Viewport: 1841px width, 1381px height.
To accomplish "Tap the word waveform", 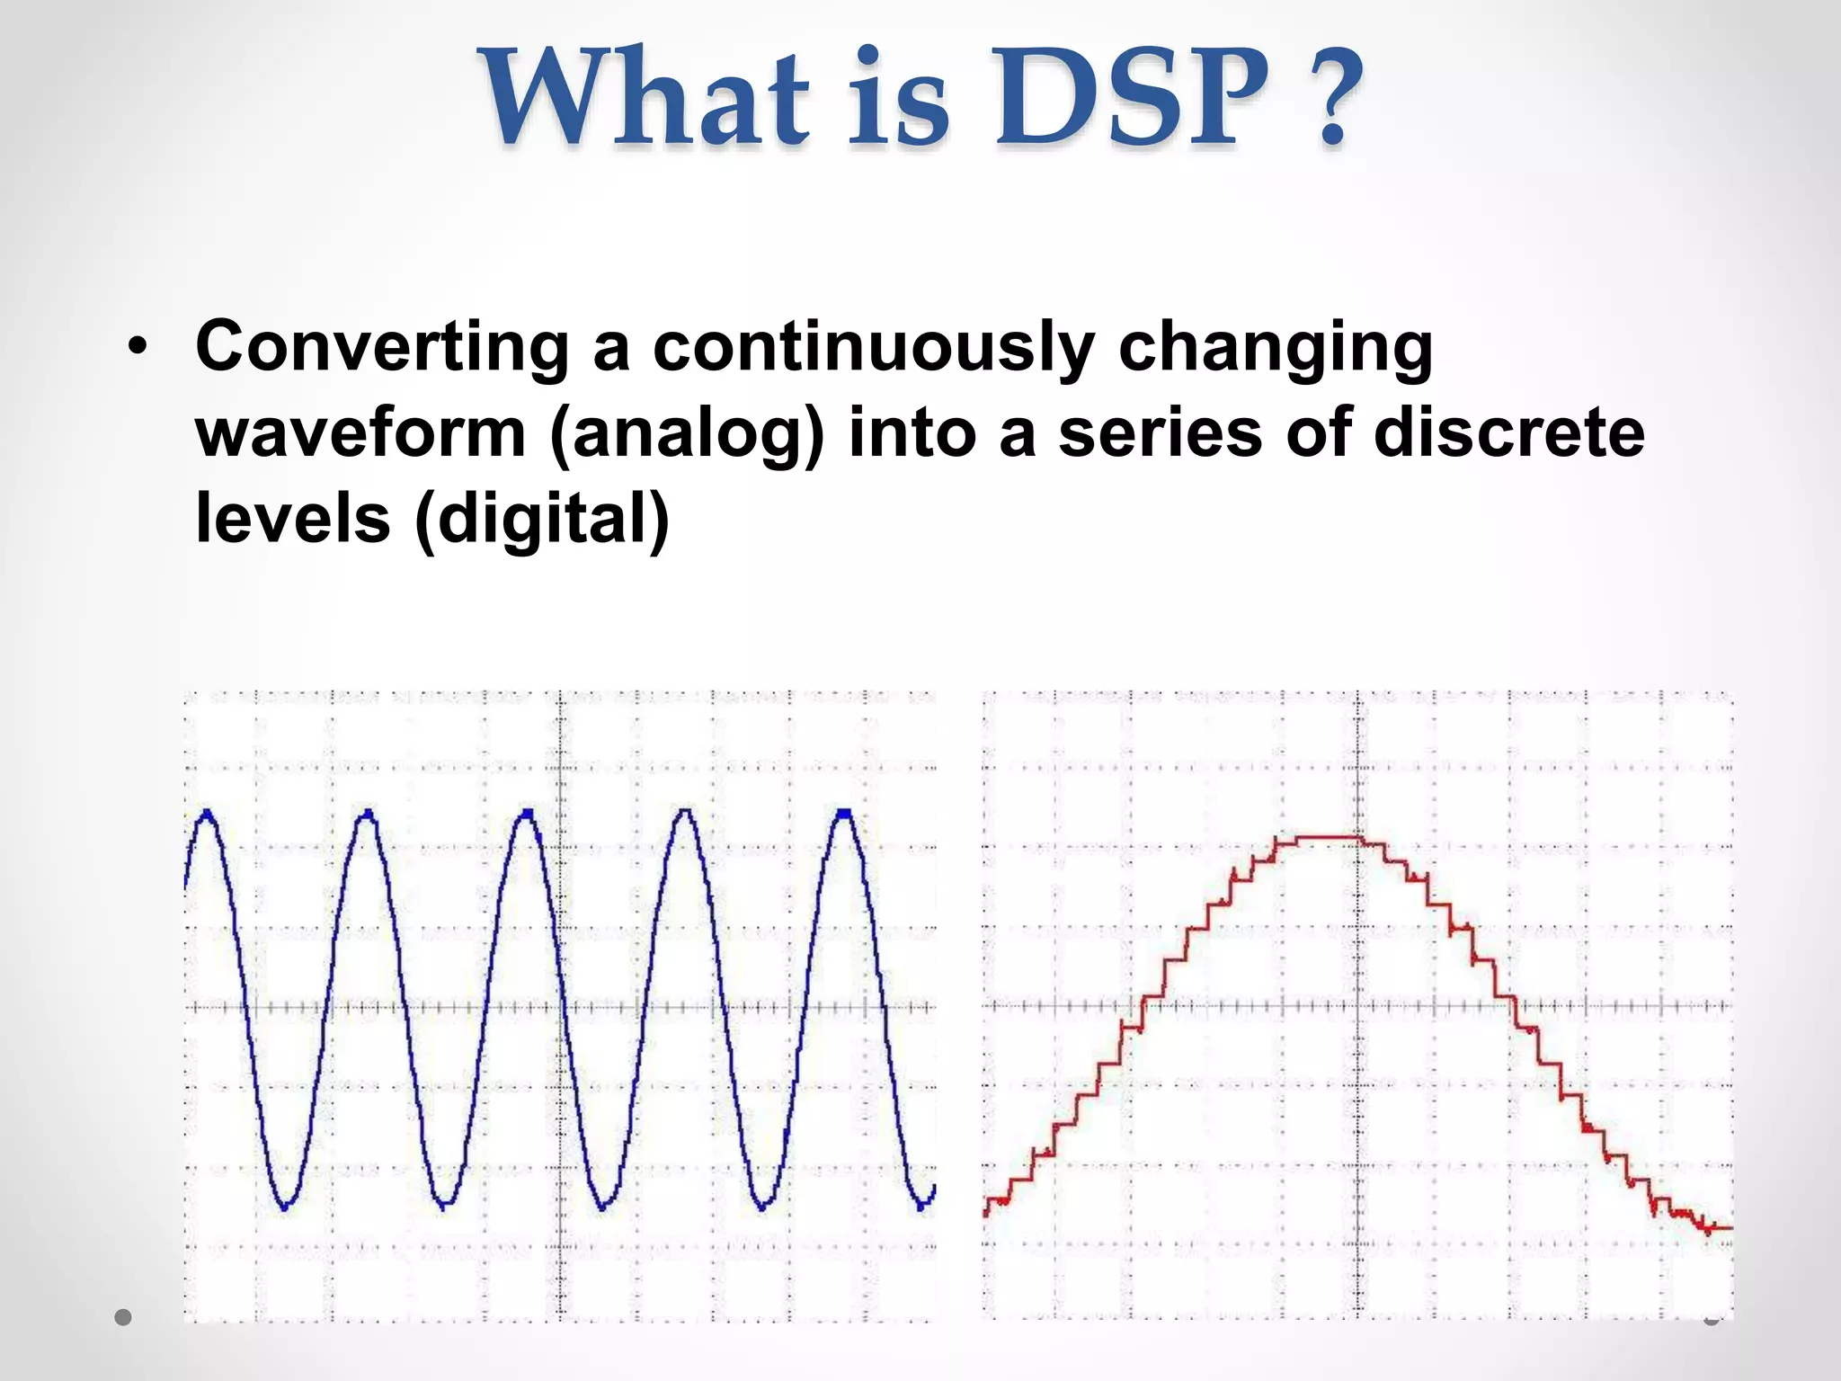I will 360,432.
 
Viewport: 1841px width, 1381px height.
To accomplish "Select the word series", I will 1160,432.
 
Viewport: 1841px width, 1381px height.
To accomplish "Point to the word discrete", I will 1509,432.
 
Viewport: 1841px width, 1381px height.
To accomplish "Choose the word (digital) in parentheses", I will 542,520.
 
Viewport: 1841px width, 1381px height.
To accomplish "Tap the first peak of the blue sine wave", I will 208,815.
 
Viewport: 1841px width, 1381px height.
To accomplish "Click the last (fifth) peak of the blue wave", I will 844,814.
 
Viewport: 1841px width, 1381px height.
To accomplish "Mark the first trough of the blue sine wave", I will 286,1207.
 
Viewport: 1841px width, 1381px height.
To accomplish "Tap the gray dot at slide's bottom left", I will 124,1318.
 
